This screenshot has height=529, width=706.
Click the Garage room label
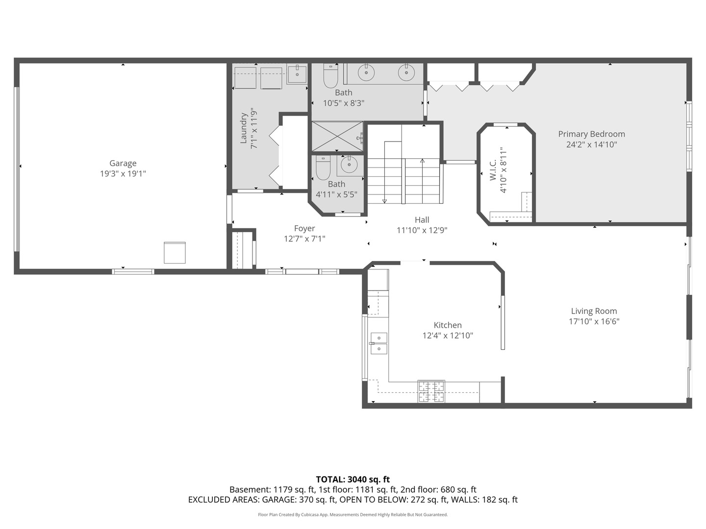tap(123, 163)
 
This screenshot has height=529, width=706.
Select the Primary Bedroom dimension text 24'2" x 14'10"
tap(591, 144)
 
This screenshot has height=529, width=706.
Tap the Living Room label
tap(594, 311)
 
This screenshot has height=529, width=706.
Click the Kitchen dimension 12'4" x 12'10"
tap(447, 336)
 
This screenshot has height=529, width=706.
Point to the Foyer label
tap(304, 228)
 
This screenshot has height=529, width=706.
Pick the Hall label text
tap(422, 220)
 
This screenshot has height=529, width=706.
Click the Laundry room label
tap(244, 128)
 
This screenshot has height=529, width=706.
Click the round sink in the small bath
tap(349, 165)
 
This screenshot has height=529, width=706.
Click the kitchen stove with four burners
tap(431, 391)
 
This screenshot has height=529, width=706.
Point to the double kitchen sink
tap(379, 343)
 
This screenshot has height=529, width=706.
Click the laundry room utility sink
tap(296, 74)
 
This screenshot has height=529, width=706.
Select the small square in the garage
tap(175, 253)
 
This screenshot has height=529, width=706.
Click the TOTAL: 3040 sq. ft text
tap(353, 480)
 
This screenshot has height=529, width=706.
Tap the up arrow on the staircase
tap(422, 161)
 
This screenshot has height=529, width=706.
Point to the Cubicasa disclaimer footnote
tap(353, 515)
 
